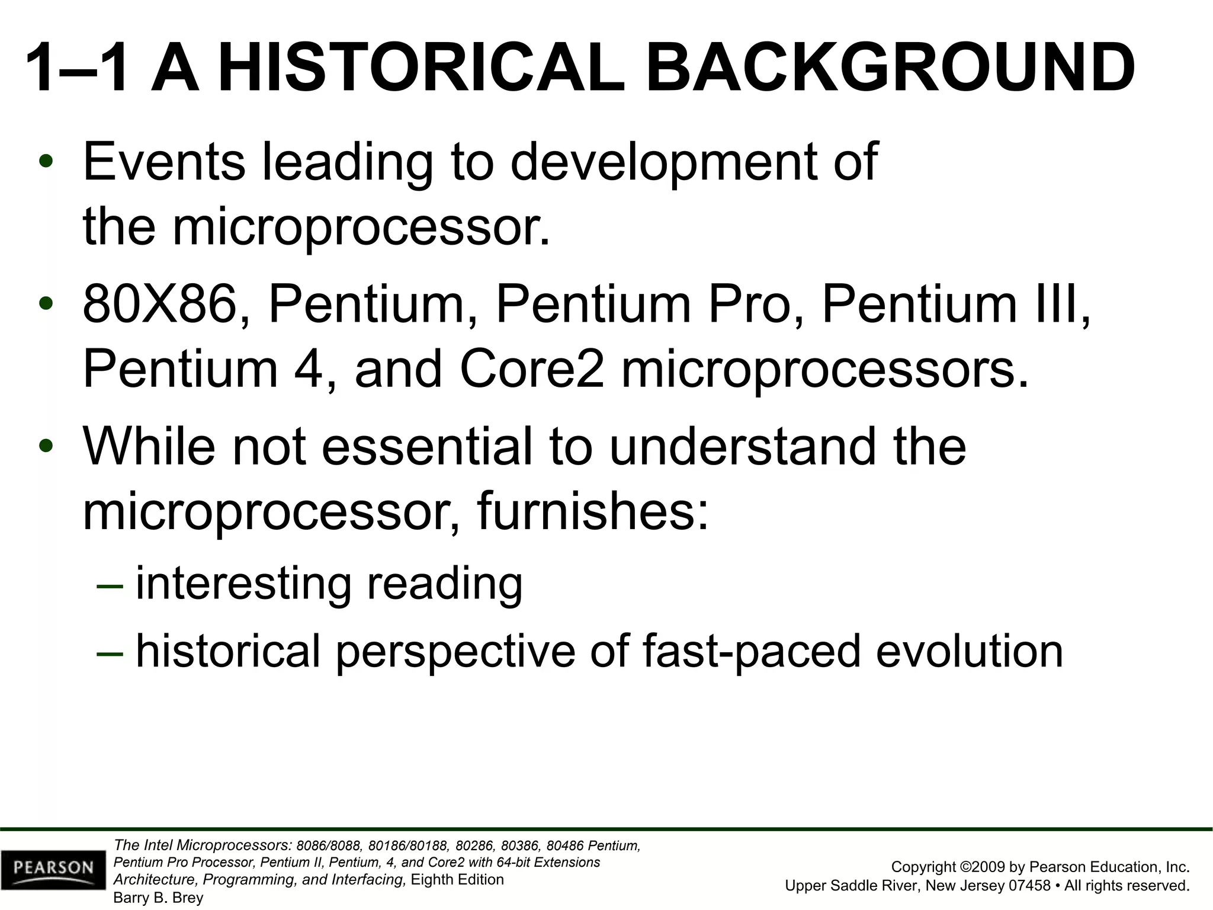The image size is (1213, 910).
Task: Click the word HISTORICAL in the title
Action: pyautogui.click(x=421, y=68)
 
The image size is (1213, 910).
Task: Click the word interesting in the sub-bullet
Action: pyautogui.click(x=243, y=584)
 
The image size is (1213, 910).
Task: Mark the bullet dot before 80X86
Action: pyautogui.click(x=46, y=305)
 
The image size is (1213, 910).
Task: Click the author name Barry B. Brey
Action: pyautogui.click(x=158, y=898)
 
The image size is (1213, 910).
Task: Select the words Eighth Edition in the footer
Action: pyautogui.click(x=457, y=880)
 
